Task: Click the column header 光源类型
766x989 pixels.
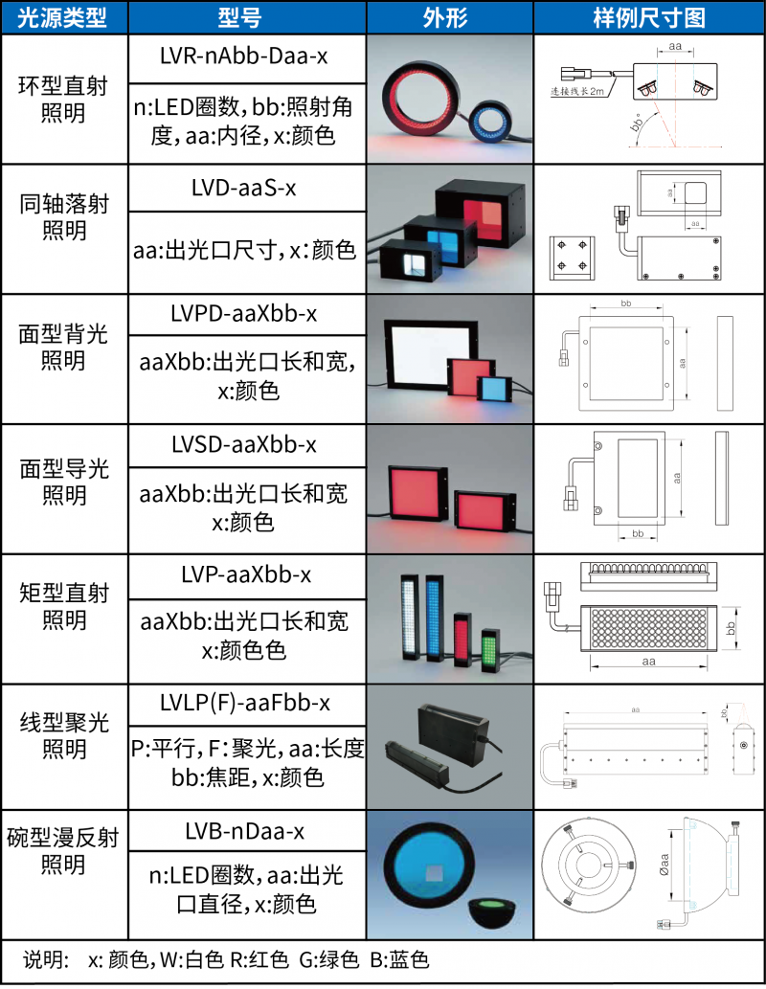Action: point(63,17)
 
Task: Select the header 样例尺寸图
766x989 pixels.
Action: point(648,17)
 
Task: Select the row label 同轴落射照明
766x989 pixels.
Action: point(63,217)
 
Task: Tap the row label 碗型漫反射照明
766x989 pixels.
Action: point(63,851)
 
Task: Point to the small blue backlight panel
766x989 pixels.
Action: point(495,387)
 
